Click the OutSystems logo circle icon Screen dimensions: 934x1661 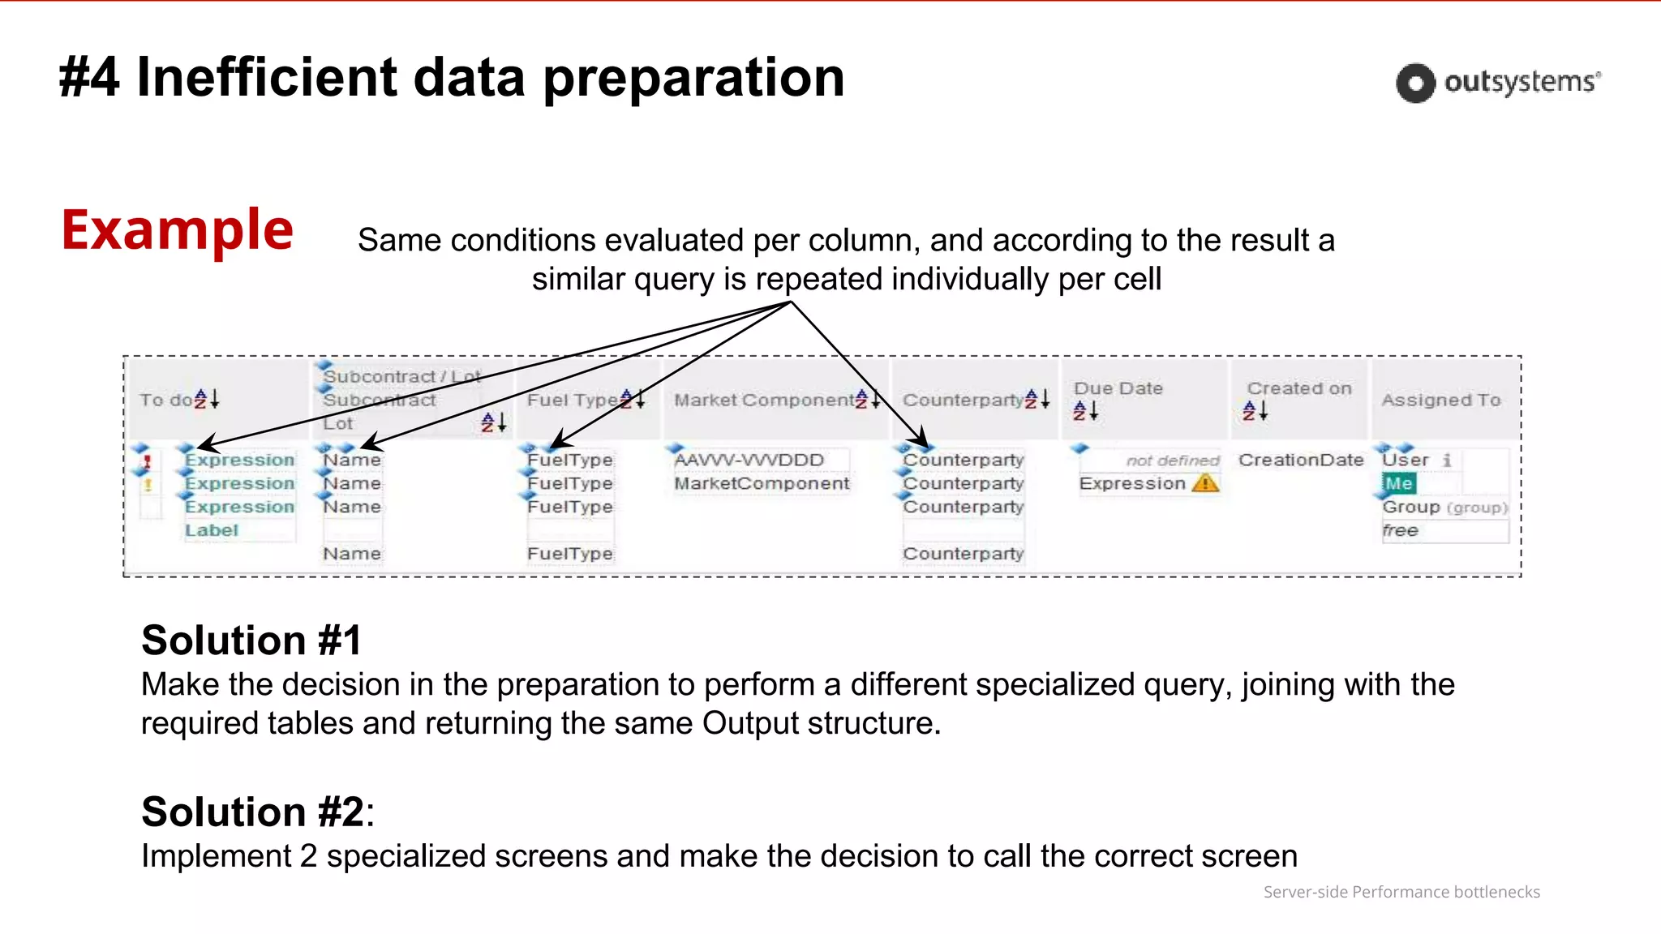(1415, 83)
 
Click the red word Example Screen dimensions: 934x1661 (177, 230)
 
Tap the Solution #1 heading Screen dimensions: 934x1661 (251, 641)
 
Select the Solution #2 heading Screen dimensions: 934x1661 (253, 812)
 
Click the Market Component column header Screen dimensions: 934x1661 (763, 400)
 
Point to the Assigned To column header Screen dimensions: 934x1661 (1440, 400)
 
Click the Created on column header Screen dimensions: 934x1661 (1298, 388)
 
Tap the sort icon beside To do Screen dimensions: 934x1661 (207, 399)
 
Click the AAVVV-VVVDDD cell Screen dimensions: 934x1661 (749, 460)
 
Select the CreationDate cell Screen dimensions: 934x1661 (1300, 460)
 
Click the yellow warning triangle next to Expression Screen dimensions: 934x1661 (1205, 483)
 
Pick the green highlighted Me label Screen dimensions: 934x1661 (1398, 483)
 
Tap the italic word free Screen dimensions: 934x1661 (1400, 530)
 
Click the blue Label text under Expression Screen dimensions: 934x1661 (211, 530)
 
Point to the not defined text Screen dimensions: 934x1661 (1172, 461)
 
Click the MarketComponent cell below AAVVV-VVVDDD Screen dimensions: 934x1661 (761, 483)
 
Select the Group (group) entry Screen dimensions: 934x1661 (1444, 507)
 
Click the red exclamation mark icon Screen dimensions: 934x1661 (147, 461)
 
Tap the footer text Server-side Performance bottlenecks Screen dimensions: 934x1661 (1401, 892)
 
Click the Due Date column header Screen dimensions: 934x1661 (1118, 388)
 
